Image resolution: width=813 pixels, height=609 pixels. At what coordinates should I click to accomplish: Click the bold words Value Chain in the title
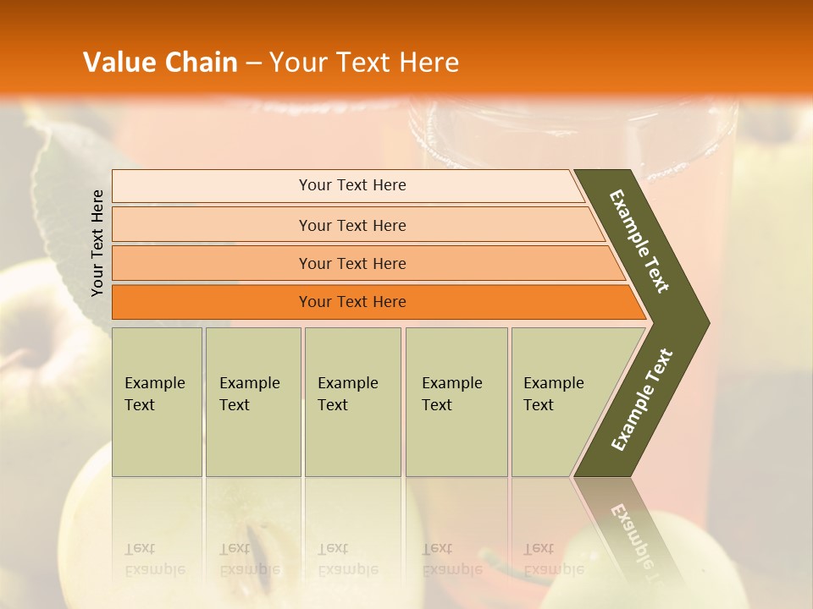point(160,62)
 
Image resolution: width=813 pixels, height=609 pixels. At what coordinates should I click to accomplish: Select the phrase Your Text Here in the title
point(364,62)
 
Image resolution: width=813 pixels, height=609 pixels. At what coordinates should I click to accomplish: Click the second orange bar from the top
point(351,225)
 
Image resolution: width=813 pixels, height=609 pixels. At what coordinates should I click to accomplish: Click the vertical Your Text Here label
point(97,243)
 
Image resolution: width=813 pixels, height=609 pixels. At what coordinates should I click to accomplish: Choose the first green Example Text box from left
point(157,402)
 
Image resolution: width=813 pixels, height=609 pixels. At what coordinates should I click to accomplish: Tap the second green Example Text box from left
point(253,402)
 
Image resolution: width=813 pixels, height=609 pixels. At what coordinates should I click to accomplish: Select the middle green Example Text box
point(352,402)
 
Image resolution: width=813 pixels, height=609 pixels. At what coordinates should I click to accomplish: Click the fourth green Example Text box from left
point(456,402)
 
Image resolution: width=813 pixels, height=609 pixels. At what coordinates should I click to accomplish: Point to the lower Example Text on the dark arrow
point(642,399)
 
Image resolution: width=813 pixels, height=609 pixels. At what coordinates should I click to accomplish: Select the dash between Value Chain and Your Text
point(253,63)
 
